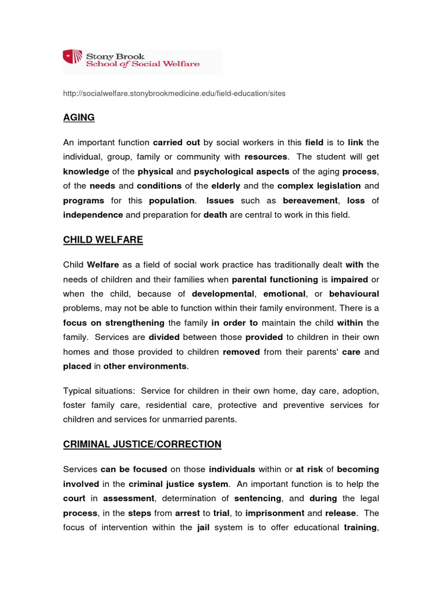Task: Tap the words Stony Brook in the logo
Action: [111, 56]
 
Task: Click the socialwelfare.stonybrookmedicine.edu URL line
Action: [174, 93]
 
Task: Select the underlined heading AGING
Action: [79, 118]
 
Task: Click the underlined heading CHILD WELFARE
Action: [103, 240]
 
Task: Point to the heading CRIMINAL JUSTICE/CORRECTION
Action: [142, 444]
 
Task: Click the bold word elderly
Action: [226, 186]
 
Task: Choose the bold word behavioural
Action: [353, 294]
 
